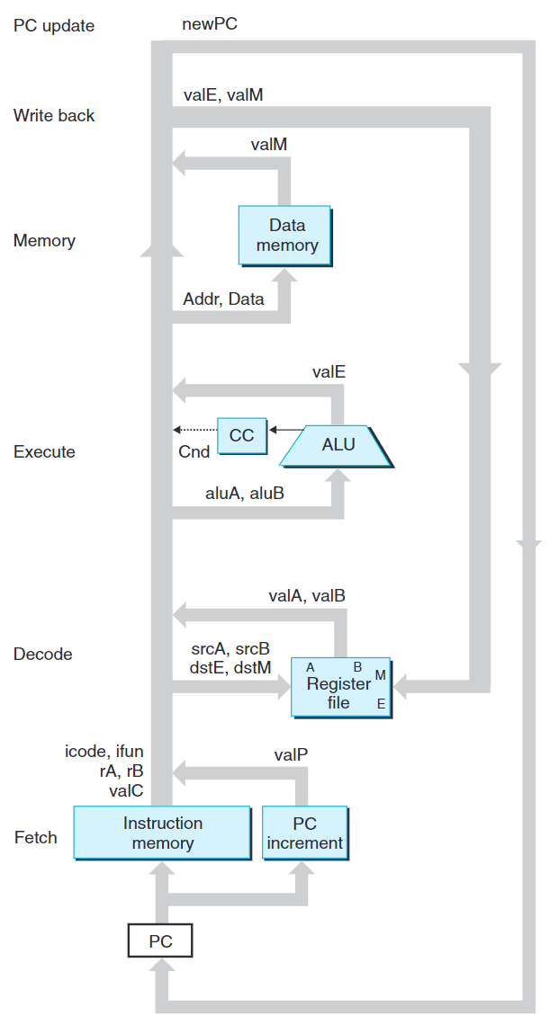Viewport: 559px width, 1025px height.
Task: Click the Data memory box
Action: [x=286, y=236]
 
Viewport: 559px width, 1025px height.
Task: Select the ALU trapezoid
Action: [x=338, y=444]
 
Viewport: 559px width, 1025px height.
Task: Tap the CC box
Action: [x=241, y=435]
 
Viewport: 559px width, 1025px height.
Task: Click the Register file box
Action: [x=339, y=685]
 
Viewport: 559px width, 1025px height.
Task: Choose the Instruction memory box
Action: [x=162, y=833]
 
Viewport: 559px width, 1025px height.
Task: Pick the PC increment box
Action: [x=304, y=833]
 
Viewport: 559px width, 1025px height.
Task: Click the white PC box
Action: [x=159, y=942]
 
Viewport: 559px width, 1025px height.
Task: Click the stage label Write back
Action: [x=54, y=115]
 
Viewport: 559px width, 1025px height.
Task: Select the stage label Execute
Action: [x=44, y=451]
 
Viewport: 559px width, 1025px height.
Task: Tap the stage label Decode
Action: [x=42, y=654]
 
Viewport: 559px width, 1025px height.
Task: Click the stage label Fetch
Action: [x=36, y=837]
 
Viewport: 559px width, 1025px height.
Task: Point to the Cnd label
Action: [x=194, y=451]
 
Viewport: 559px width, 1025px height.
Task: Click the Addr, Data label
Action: [x=223, y=299]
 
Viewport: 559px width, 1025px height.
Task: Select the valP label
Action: [x=292, y=756]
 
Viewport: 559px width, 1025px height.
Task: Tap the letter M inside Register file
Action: [x=381, y=675]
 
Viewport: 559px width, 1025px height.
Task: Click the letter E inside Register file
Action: [x=381, y=704]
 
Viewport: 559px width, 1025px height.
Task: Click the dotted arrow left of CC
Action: [x=194, y=429]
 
